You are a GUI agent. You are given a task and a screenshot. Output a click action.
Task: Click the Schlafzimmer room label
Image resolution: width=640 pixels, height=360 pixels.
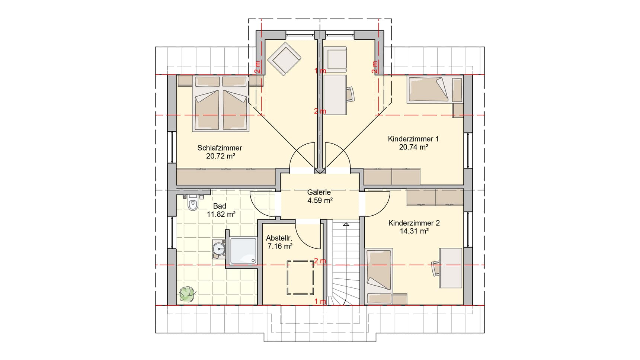pyautogui.click(x=220, y=148)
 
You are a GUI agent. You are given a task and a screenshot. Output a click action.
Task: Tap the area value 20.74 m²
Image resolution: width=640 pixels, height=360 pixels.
pyautogui.click(x=413, y=147)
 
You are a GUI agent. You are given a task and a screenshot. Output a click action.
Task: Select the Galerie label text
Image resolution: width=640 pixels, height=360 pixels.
pyautogui.click(x=319, y=192)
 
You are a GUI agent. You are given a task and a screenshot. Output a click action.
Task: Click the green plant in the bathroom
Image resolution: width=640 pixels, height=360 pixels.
pyautogui.click(x=188, y=293)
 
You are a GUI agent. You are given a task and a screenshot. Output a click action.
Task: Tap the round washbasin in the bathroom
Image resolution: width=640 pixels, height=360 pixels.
pyautogui.click(x=219, y=248)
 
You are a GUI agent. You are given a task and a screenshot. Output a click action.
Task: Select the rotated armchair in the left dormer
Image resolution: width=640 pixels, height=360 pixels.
pyautogui.click(x=284, y=59)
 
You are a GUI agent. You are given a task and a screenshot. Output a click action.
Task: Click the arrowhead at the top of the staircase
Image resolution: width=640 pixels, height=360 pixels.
pyautogui.click(x=346, y=224)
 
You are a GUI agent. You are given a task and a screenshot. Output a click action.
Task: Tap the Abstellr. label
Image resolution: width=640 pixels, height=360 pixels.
pyautogui.click(x=279, y=238)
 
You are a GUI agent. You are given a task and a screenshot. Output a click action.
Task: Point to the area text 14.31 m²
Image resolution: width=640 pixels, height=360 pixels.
pyautogui.click(x=414, y=231)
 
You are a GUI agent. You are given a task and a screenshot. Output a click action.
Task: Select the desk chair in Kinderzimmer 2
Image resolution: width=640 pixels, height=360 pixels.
pyautogui.click(x=436, y=269)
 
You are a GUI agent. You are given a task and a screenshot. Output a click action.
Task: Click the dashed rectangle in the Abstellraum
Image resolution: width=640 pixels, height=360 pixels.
pyautogui.click(x=301, y=277)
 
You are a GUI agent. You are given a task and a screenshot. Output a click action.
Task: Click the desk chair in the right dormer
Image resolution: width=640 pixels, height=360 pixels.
pyautogui.click(x=350, y=94)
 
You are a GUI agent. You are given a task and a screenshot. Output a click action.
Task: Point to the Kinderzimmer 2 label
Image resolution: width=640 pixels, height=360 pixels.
pyautogui.click(x=414, y=223)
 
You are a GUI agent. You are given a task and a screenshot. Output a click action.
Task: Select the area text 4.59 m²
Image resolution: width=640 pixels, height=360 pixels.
pyautogui.click(x=320, y=200)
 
